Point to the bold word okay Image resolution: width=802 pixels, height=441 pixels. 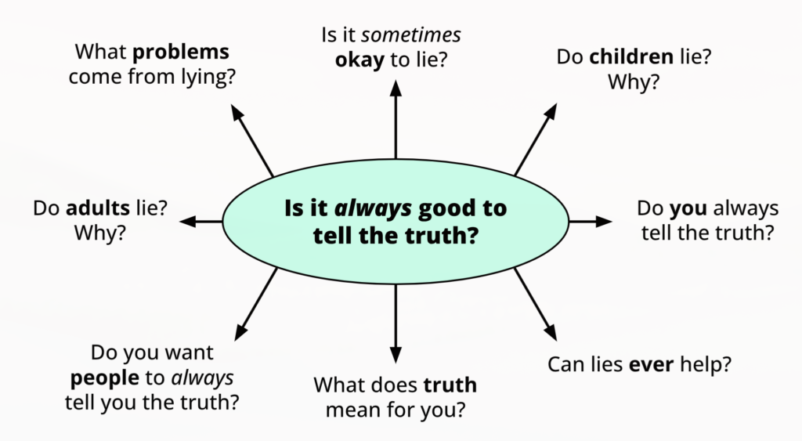[360, 60]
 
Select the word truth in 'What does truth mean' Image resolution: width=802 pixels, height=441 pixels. [450, 385]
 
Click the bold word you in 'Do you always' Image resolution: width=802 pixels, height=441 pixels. [689, 209]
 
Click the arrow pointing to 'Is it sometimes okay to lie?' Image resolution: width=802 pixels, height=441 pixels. [396, 117]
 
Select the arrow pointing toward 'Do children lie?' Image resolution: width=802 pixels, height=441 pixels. [536, 138]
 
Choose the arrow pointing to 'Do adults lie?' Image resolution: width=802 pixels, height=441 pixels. [201, 222]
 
